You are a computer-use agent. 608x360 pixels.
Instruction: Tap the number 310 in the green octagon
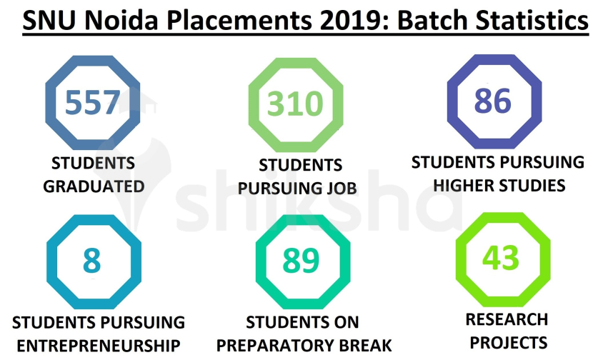[296, 104]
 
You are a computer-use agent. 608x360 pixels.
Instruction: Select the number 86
[493, 101]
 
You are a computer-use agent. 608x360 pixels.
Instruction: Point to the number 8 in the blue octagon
[91, 261]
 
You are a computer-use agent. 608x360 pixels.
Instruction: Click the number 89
[301, 261]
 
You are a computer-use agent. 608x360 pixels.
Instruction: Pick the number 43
[500, 258]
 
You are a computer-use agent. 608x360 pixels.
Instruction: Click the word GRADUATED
[94, 186]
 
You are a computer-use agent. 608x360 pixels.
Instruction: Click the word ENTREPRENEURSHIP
[99, 346]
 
